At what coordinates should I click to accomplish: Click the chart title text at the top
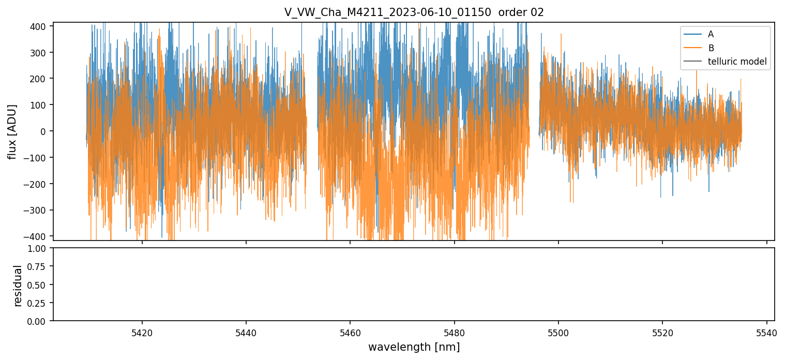[414, 12]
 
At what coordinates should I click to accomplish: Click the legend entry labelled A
[711, 34]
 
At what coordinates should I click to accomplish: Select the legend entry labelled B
[711, 48]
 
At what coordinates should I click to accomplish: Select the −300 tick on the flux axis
[37, 210]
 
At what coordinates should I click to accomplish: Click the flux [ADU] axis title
[12, 131]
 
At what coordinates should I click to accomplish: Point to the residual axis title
[18, 285]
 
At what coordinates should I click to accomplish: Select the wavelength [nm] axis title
[414, 347]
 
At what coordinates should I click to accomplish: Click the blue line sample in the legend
[692, 34]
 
